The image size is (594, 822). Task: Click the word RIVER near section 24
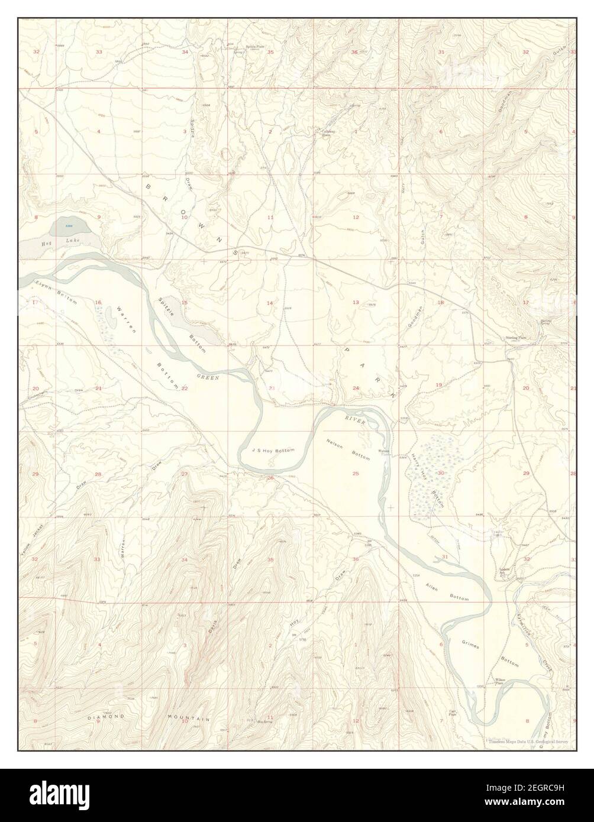[x=356, y=419]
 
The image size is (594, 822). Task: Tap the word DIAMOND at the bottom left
[x=107, y=717]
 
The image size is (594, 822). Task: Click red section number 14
[x=270, y=303]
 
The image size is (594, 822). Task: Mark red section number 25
[x=356, y=474]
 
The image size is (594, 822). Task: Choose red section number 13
[x=356, y=303]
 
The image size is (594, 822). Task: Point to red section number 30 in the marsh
[x=441, y=473]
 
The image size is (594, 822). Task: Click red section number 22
[x=185, y=389]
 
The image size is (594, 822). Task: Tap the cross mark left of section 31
[x=391, y=508]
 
